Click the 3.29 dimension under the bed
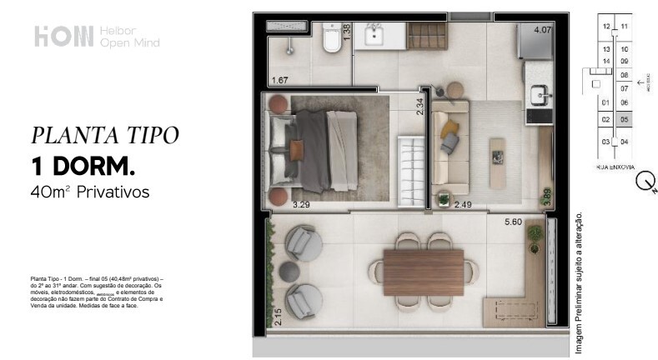coord(302,203)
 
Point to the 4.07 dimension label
coord(542,31)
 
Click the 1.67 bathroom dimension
coord(280,80)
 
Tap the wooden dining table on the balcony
coord(423,272)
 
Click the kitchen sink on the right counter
coord(538,92)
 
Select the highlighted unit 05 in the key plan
coord(624,119)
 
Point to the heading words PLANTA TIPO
coord(104,135)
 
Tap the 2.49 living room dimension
coord(463,203)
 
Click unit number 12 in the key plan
coord(606,27)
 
